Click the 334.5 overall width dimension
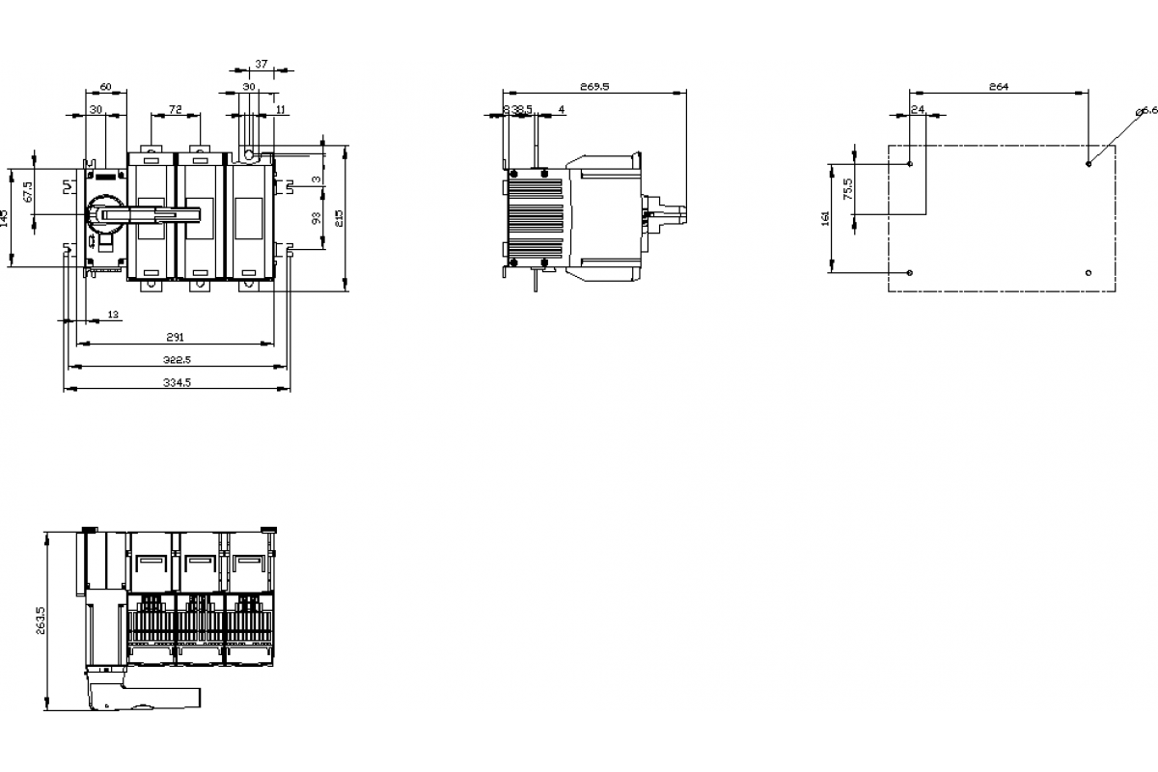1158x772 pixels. coord(176,383)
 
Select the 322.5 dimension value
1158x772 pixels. coord(176,360)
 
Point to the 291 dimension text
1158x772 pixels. coord(175,337)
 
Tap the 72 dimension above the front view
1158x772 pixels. coord(176,110)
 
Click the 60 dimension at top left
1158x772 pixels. coord(106,87)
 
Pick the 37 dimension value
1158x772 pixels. coord(261,65)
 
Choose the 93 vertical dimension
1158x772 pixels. coord(317,219)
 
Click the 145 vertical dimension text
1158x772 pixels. coord(6,217)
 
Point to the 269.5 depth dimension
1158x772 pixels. coord(594,87)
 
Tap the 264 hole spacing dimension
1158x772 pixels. coord(998,87)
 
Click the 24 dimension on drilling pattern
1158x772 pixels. coord(918,110)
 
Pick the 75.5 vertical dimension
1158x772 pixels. coord(848,188)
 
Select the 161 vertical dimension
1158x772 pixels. coord(825,218)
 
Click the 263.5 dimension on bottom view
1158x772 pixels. coord(41,620)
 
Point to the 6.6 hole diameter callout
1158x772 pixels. coord(1147,111)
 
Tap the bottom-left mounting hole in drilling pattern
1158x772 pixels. coord(910,273)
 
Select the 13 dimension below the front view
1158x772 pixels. coord(113,315)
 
